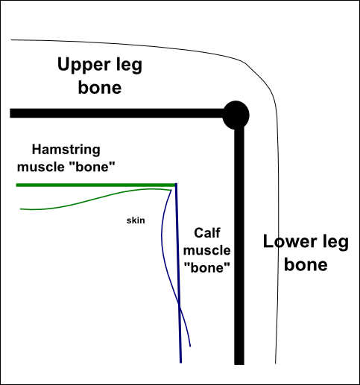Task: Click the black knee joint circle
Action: (236, 115)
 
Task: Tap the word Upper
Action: (83, 66)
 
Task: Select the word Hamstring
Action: (66, 150)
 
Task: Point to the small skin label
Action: (136, 220)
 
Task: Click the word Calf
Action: (207, 233)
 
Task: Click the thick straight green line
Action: (96, 185)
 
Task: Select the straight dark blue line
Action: (178, 273)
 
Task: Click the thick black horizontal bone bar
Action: (117, 113)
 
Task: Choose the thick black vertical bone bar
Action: (239, 246)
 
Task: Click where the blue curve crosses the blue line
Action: (179, 303)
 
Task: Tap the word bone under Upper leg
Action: (100, 88)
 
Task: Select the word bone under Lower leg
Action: (306, 265)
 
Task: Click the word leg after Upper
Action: (129, 66)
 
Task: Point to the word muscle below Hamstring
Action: (41, 167)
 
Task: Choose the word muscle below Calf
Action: (207, 250)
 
